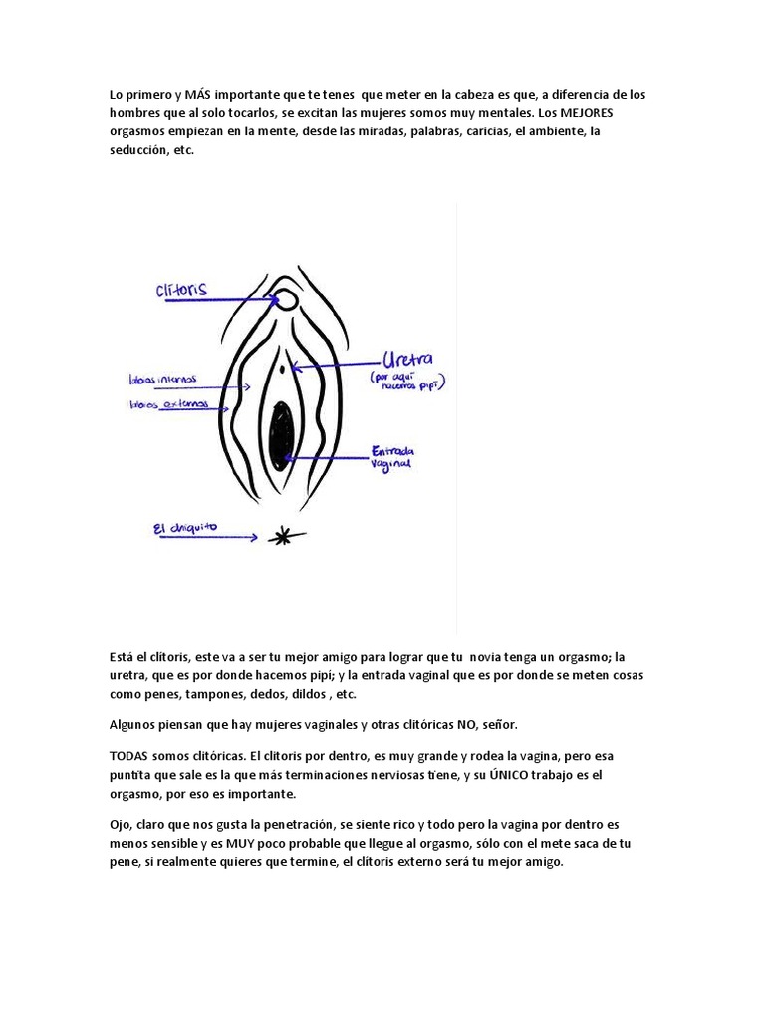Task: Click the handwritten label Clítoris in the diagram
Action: point(181,289)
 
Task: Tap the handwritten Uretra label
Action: point(410,360)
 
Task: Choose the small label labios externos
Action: point(168,404)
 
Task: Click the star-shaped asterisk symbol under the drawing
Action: point(283,537)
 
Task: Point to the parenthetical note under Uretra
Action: point(406,383)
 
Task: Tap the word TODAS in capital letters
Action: point(130,756)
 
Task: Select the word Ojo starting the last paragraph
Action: point(121,825)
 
